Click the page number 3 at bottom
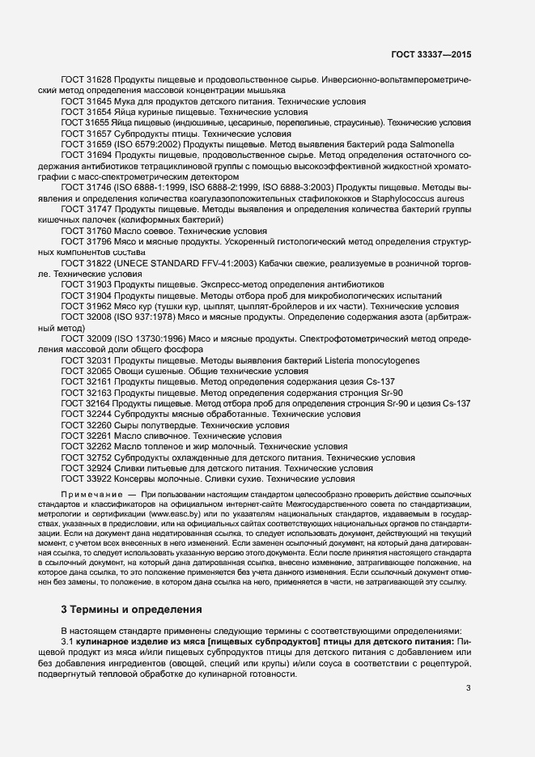(469, 688)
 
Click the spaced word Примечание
(93, 493)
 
